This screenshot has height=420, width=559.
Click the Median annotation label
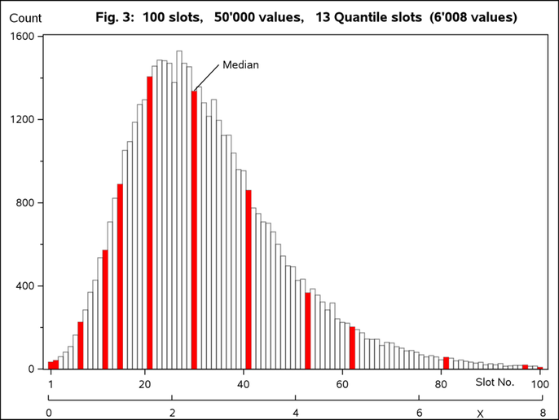[x=240, y=65]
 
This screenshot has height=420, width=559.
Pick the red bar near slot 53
[x=308, y=330]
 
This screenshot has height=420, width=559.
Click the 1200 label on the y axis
[x=22, y=120]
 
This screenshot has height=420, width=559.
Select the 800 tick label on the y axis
[x=25, y=203]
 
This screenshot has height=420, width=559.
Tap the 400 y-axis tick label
[x=25, y=286]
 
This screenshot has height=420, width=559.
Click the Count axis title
[x=24, y=17]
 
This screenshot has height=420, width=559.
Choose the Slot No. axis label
[x=495, y=382]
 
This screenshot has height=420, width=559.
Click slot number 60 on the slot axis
[x=343, y=384]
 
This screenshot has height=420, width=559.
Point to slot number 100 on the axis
[x=539, y=384]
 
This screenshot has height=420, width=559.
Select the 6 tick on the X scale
[x=419, y=413]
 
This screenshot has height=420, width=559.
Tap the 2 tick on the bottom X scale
[x=173, y=413]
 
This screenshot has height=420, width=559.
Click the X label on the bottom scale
[x=480, y=413]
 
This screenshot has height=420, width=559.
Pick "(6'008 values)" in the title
[x=473, y=17]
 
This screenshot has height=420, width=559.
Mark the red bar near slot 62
[x=352, y=348]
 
